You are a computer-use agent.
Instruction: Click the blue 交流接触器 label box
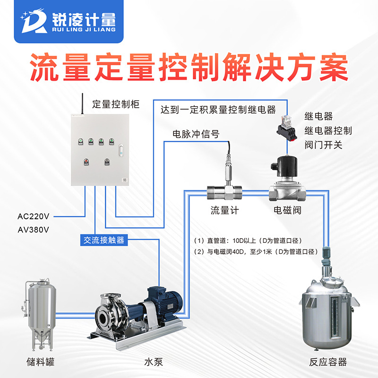[103, 240]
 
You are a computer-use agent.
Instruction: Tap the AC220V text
[33, 216]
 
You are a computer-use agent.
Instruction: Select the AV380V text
[33, 230]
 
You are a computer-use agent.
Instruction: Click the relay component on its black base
[287, 128]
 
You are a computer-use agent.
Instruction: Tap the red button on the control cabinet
[86, 161]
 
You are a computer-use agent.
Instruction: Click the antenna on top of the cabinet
[82, 103]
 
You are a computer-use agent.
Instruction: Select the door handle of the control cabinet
[121, 150]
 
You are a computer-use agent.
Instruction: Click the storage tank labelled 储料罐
[39, 314]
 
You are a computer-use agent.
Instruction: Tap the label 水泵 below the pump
[154, 362]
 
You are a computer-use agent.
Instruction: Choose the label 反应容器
[328, 362]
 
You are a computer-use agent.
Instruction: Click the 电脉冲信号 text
[196, 134]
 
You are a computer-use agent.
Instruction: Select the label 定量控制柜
[116, 104]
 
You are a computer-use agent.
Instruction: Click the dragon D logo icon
[34, 21]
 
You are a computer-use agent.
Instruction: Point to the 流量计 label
[225, 210]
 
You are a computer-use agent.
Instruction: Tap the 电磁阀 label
[287, 210]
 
